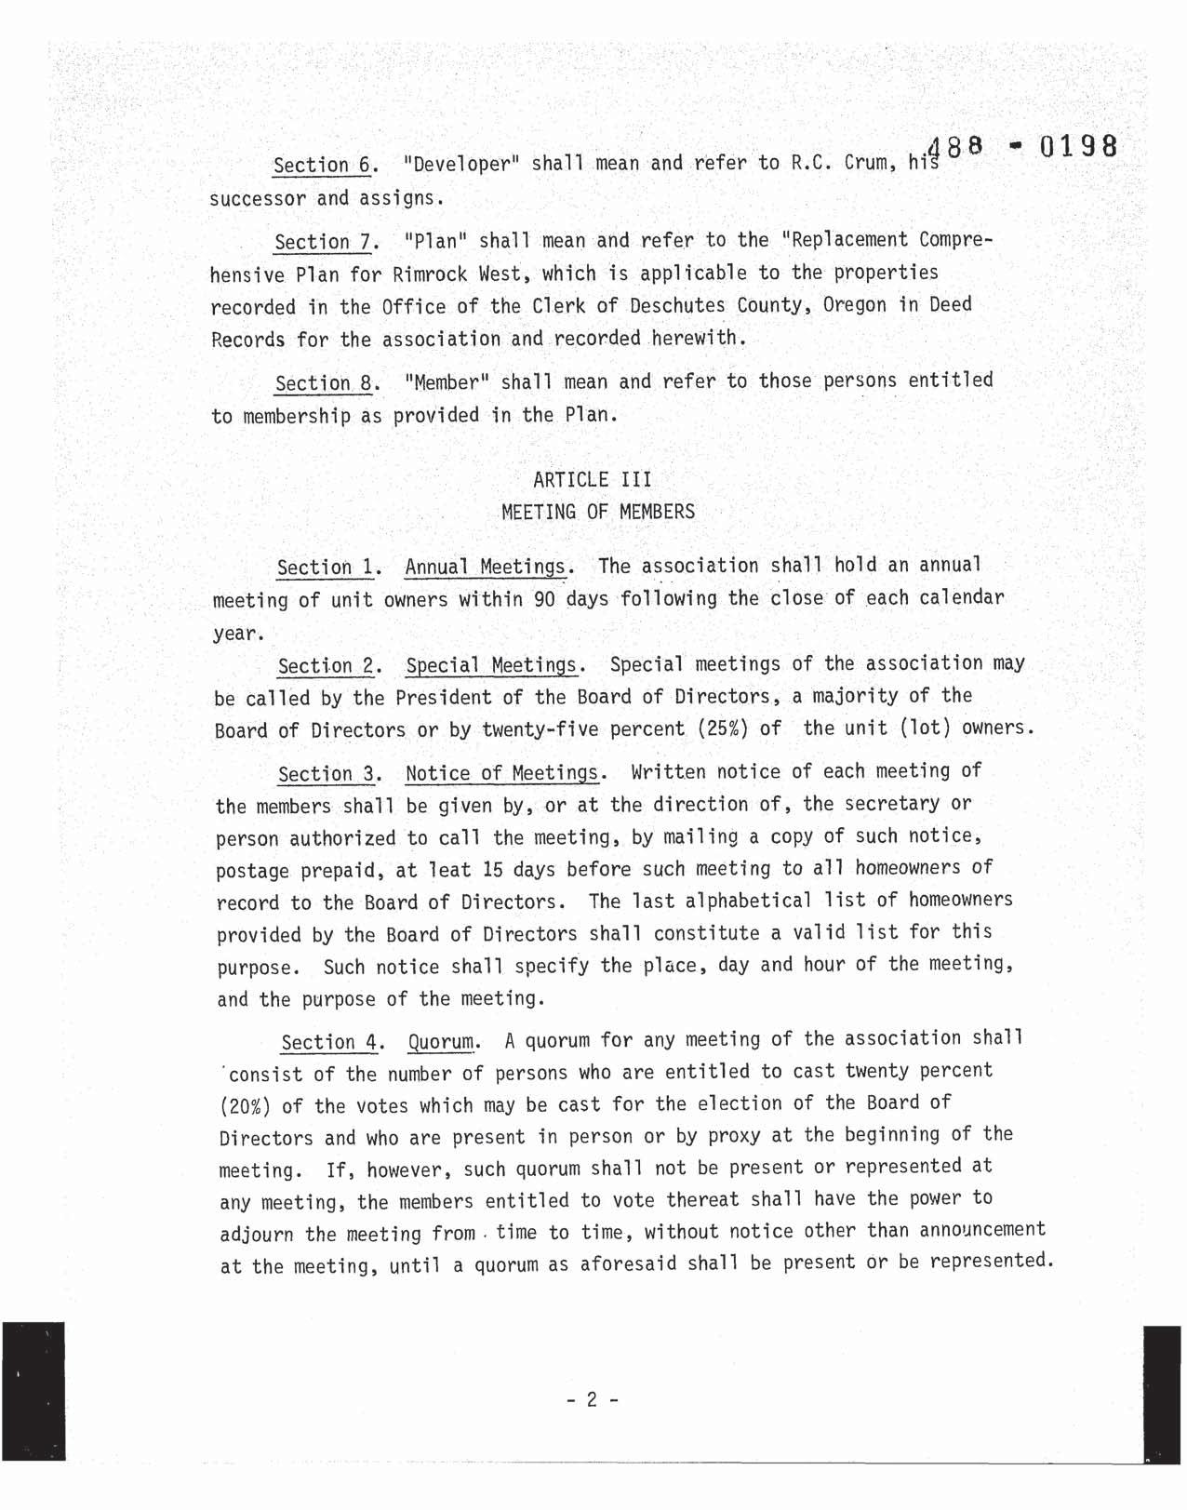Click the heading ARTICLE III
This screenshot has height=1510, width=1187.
point(593,479)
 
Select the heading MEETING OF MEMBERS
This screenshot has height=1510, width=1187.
point(597,512)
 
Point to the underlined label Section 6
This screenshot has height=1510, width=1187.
point(323,166)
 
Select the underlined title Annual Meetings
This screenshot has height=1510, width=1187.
point(485,567)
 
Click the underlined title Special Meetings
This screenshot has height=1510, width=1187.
point(492,665)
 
